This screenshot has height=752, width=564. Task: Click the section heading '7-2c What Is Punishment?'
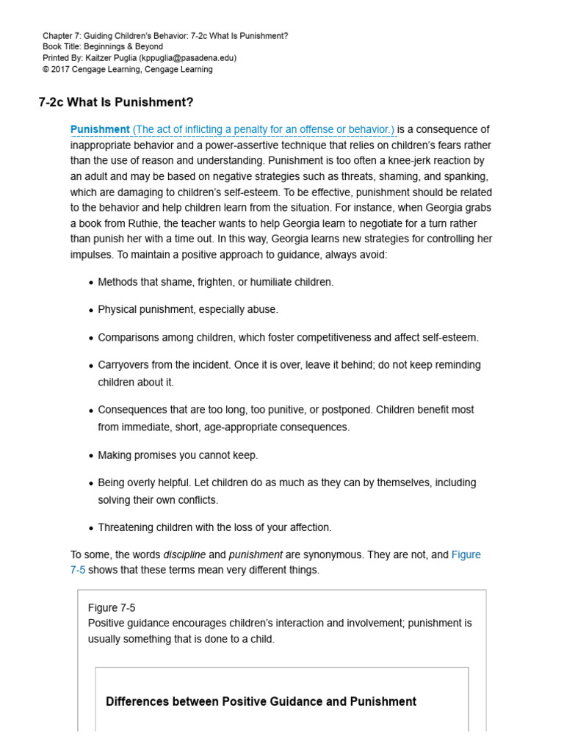pos(115,102)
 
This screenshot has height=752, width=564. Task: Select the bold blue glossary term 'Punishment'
pos(100,130)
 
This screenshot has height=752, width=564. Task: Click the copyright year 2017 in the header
pos(61,70)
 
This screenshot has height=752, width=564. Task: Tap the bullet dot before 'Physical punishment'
pos(90,311)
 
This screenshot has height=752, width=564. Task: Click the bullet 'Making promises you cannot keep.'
pos(178,455)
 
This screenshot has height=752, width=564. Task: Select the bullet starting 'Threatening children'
pos(214,527)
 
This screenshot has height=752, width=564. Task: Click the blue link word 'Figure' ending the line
pos(466,555)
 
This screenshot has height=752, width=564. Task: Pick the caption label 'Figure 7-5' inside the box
pos(112,608)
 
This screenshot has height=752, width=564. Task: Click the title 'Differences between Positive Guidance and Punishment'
pos(261,702)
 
